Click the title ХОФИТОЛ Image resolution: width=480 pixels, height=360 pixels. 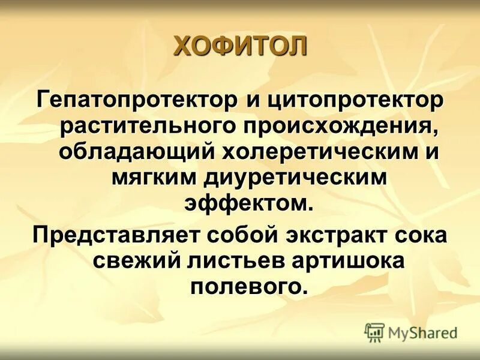coord(240,47)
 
